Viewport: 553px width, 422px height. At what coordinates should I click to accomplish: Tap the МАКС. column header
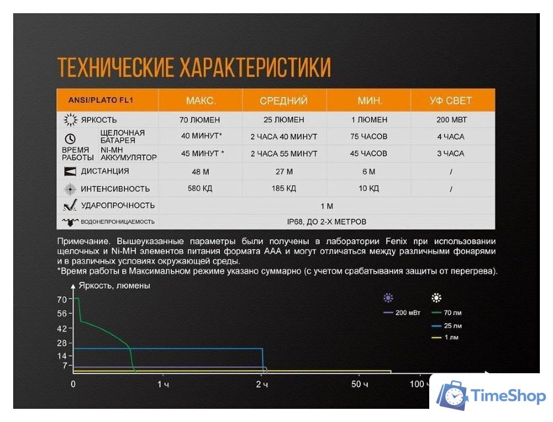click(201, 101)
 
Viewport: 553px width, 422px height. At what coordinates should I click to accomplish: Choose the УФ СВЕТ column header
click(451, 101)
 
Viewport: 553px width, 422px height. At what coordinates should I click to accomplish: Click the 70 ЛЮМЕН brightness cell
click(199, 120)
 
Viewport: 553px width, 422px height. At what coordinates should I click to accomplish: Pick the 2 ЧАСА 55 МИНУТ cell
click(284, 154)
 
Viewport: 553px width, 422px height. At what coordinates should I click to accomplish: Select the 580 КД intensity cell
click(199, 189)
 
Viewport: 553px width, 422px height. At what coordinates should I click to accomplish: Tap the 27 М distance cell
click(284, 171)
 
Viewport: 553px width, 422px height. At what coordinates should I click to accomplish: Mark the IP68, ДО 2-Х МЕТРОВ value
click(326, 222)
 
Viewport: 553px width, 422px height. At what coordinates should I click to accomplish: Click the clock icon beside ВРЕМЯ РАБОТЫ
click(70, 138)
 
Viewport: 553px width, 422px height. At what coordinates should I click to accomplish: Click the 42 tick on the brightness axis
click(62, 328)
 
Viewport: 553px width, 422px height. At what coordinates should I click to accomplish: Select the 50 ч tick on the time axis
click(359, 384)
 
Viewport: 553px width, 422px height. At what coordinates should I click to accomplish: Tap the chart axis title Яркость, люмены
click(114, 286)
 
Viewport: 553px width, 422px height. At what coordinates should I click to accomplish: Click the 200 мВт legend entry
click(404, 313)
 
